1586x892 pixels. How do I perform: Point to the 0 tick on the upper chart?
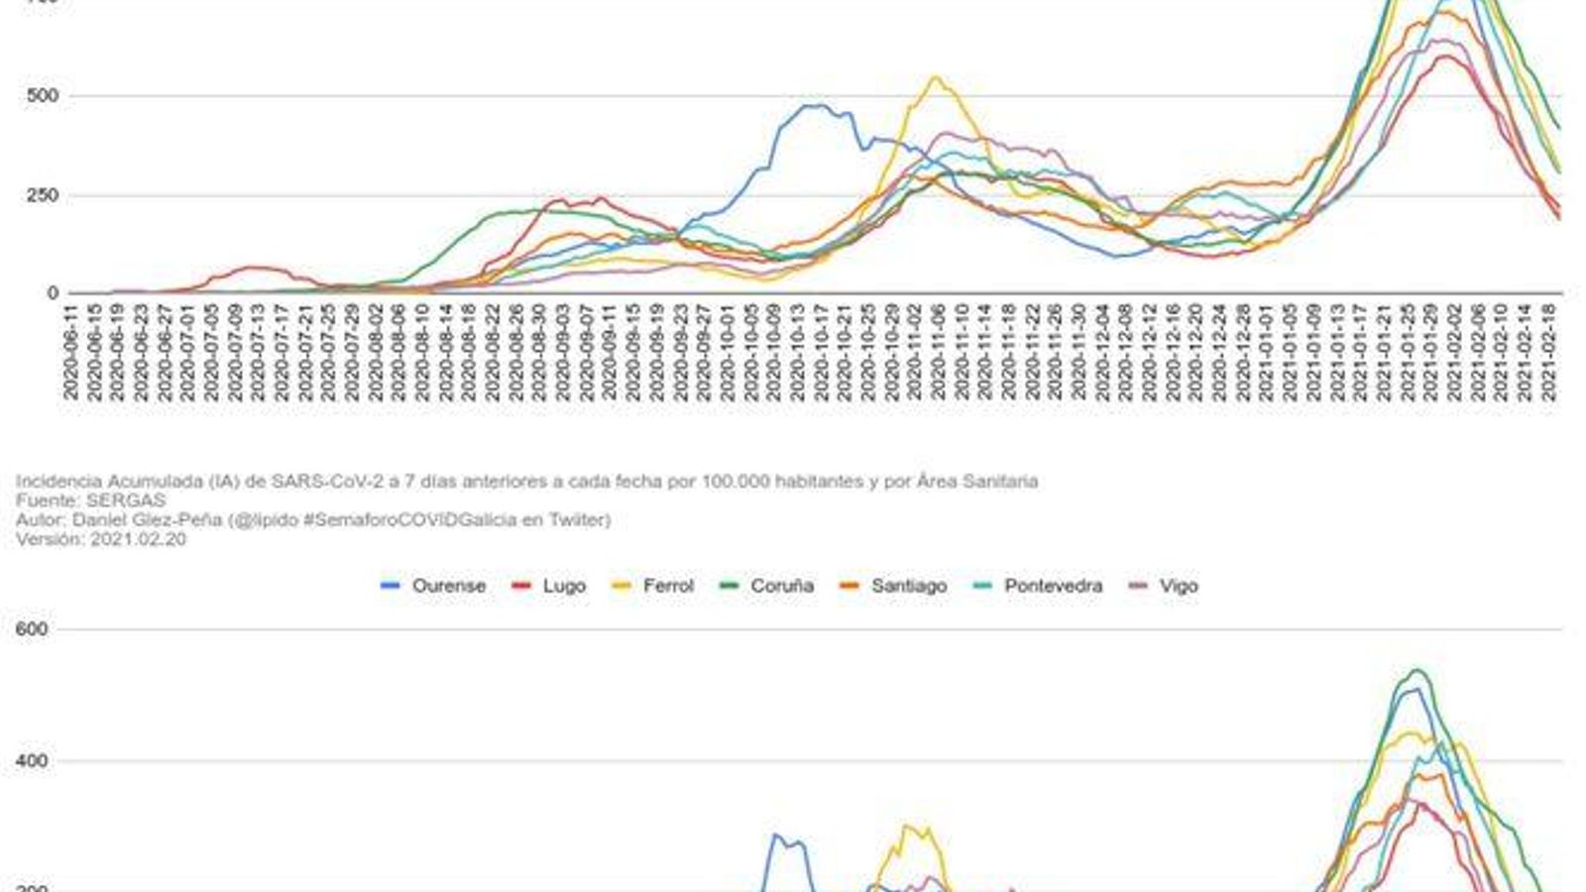53,293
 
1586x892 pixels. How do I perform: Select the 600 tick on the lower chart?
32,629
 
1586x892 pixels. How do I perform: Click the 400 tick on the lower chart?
32,761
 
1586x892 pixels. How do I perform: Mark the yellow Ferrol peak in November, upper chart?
935,77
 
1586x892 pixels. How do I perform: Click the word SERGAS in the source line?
126,501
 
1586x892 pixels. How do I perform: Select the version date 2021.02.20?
138,539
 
